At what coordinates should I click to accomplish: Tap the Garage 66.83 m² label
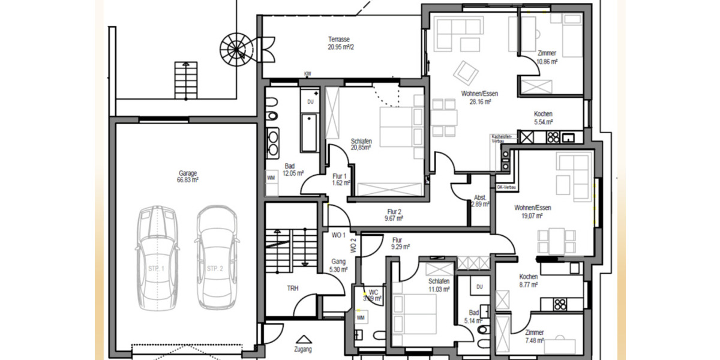click(x=187, y=176)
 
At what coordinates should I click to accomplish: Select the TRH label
click(x=292, y=289)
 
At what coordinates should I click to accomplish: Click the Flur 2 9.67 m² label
click(x=394, y=215)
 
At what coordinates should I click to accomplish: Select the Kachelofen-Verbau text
click(x=502, y=139)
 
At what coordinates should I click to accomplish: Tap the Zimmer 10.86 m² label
click(x=547, y=57)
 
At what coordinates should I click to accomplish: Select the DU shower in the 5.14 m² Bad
click(x=479, y=288)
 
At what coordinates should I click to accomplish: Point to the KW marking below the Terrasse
click(x=308, y=74)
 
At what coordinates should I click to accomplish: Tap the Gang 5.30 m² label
click(x=339, y=266)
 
